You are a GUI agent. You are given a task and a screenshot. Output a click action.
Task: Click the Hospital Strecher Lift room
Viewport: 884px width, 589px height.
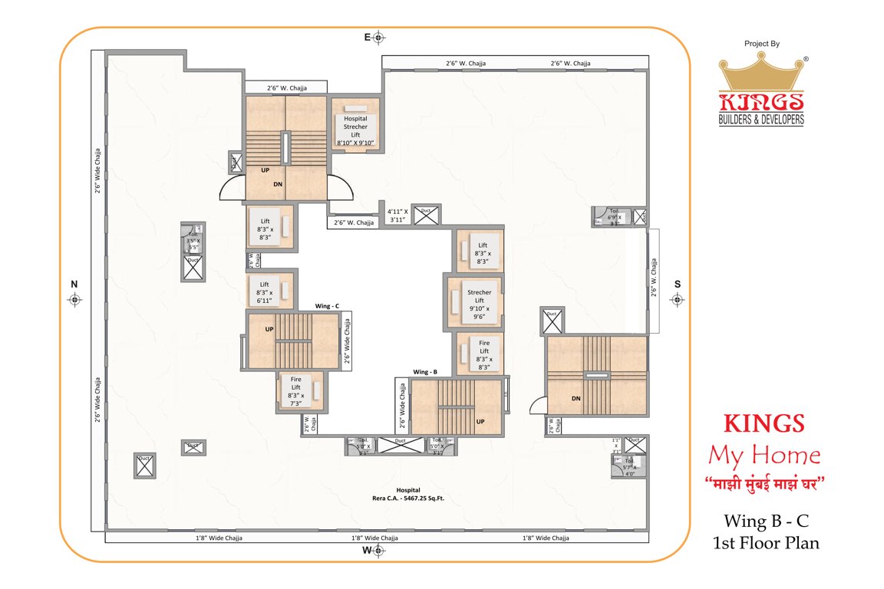pyautogui.click(x=355, y=126)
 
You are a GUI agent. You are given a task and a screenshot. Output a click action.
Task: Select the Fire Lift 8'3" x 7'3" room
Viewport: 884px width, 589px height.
pyautogui.click(x=295, y=391)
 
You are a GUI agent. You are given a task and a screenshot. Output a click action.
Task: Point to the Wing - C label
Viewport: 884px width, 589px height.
pyautogui.click(x=326, y=306)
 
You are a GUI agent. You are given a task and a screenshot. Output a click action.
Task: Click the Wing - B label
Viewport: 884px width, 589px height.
pyautogui.click(x=424, y=372)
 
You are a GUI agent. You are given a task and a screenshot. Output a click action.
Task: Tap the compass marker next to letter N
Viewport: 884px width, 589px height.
pyautogui.click(x=74, y=300)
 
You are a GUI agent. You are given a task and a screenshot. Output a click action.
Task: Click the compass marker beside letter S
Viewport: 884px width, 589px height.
pyautogui.click(x=677, y=300)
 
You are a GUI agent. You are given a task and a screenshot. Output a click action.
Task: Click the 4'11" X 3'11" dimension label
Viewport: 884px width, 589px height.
pyautogui.click(x=396, y=215)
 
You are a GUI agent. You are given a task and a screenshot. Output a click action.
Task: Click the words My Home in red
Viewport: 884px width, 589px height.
pyautogui.click(x=764, y=456)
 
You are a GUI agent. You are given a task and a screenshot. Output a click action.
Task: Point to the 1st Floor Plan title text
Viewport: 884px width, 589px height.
pyautogui.click(x=764, y=543)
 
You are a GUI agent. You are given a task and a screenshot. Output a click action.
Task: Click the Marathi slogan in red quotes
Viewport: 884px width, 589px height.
pyautogui.click(x=764, y=485)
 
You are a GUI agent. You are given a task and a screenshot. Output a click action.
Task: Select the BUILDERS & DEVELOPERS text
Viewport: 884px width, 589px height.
pyautogui.click(x=761, y=120)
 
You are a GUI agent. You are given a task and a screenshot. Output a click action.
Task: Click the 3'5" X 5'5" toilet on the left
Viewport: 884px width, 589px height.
pyautogui.click(x=191, y=239)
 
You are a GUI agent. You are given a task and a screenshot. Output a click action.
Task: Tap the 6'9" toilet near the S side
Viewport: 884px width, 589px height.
pyautogui.click(x=613, y=217)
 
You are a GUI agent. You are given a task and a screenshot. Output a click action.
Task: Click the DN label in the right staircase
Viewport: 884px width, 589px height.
pyautogui.click(x=576, y=398)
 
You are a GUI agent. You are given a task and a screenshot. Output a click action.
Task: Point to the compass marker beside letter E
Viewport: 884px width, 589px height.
pyautogui.click(x=378, y=38)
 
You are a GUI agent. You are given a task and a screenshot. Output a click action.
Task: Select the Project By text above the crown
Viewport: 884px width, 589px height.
pyautogui.click(x=761, y=44)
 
